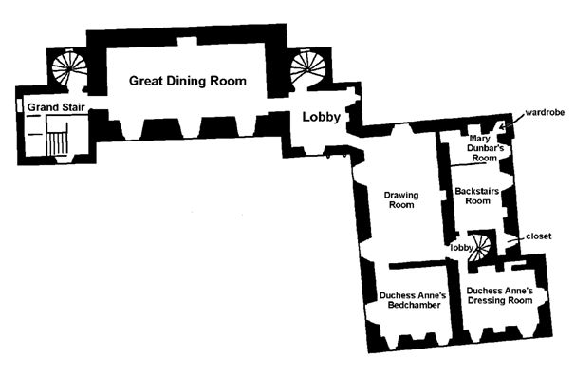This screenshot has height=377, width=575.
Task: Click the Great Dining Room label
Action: coord(187,81)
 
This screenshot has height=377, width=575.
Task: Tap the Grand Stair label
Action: coord(56,107)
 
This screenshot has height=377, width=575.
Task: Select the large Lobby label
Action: coord(322,117)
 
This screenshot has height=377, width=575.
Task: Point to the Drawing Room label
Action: coord(401,200)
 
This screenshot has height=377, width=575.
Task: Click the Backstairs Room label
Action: coord(477,196)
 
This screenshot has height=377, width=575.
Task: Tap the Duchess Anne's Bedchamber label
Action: coord(413,300)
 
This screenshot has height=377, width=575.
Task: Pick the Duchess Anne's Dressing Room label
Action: coord(500,296)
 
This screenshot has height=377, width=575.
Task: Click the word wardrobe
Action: coord(545,112)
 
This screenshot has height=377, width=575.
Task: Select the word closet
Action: coord(538,236)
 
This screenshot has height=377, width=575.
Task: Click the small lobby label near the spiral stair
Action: coord(462,248)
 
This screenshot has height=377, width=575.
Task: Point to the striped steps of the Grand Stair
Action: coord(57,144)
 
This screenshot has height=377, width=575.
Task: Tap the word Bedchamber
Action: coord(415,305)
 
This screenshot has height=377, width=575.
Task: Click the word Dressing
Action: coord(484,301)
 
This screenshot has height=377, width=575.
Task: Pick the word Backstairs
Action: coord(477,191)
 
